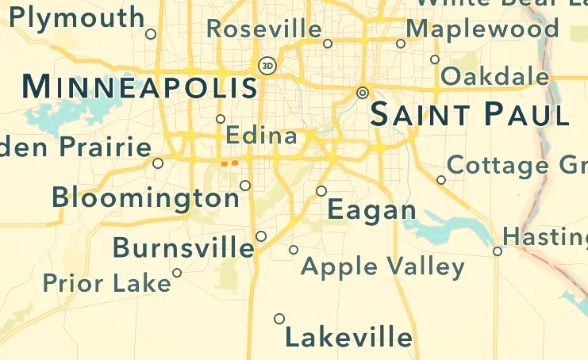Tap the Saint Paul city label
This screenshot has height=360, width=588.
tap(470, 116)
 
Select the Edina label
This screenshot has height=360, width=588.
tap(261, 136)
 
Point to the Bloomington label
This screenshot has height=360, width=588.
tap(146, 197)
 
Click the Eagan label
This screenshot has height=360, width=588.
tap(371, 210)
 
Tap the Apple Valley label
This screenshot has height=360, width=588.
tap(382, 266)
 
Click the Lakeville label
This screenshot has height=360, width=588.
tap(348, 339)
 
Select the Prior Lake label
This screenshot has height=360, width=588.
tap(106, 283)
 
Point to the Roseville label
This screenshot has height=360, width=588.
tap(264, 30)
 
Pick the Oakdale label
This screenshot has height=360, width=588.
tap(495, 77)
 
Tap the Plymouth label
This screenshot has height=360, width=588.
tap(77, 17)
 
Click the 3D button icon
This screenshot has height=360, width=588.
tap(267, 65)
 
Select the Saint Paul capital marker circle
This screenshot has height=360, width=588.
tap(363, 93)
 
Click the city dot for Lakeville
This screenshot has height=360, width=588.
tap(279, 319)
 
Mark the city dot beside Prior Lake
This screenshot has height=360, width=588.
tap(177, 273)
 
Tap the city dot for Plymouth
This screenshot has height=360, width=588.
tap(151, 33)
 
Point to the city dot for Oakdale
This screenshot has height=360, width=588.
tap(434, 59)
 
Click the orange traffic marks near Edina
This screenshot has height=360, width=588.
tap(229, 163)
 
